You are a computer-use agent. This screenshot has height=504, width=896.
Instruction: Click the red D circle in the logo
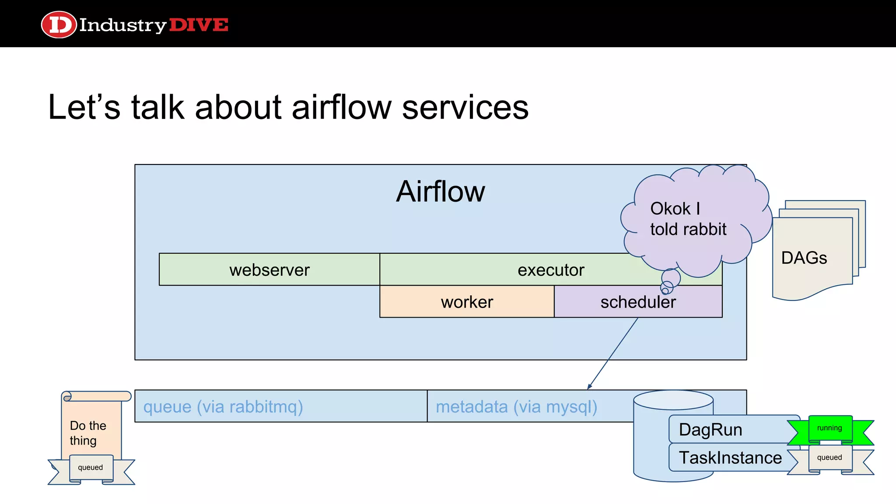pos(59,24)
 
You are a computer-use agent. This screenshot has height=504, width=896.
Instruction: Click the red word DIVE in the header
pos(198,25)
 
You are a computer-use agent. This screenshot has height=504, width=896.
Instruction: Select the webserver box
pos(269,270)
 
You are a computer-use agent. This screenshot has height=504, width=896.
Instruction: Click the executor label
pos(550,270)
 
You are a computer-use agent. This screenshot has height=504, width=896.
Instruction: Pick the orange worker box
pos(467,302)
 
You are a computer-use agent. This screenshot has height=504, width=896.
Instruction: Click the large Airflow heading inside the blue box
pos(440,192)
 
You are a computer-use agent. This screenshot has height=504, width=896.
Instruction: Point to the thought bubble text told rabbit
pos(688,229)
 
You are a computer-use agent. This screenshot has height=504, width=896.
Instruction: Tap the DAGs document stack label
pos(804,258)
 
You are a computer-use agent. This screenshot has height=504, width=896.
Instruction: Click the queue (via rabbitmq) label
pos(223,407)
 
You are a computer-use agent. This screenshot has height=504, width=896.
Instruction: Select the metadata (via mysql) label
pos(516,407)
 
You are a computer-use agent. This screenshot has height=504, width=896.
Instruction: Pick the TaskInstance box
pos(730,458)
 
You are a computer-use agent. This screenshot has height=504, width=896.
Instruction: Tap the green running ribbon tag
pos(829,428)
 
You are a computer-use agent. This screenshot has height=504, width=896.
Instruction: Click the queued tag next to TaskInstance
pos(829,458)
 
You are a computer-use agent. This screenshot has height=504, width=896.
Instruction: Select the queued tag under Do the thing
pos(91,468)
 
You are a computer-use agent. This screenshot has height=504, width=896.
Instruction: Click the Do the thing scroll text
pos(87,433)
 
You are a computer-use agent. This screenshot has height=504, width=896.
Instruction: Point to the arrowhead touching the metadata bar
pos(589,387)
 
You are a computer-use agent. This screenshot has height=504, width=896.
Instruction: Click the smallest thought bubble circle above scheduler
pos(665,290)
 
